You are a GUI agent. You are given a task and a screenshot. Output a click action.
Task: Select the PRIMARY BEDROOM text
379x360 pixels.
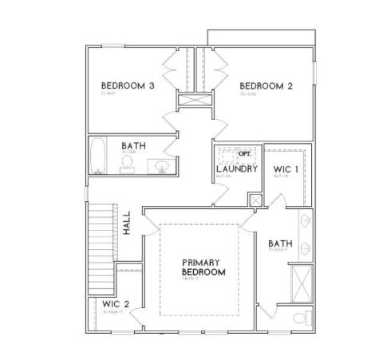[x=203, y=267]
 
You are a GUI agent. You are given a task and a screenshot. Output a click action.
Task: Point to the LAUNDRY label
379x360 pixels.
[x=237, y=169]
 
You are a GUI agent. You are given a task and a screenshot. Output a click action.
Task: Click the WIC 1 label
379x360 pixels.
[x=286, y=169]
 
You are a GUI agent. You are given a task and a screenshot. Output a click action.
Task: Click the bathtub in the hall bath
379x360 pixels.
[x=98, y=156]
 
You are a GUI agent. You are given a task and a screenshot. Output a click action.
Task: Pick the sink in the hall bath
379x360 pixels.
[x=162, y=166]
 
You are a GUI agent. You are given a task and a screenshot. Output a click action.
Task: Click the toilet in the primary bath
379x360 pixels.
[x=299, y=318]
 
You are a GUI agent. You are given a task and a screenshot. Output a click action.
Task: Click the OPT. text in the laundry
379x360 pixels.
[x=245, y=152]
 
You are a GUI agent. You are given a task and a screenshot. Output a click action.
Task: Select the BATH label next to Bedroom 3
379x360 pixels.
[x=133, y=146]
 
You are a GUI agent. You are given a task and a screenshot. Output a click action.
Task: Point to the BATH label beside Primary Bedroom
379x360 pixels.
[x=279, y=243]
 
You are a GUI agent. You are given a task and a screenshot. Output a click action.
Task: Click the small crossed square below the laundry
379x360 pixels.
[x=255, y=200]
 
